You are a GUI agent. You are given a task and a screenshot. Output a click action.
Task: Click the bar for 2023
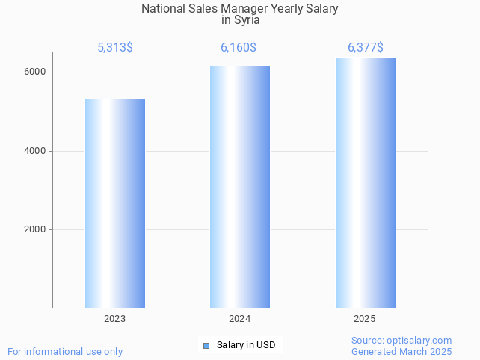pyautogui.click(x=115, y=203)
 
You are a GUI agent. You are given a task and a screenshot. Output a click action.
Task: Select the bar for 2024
pyautogui.click(x=240, y=187)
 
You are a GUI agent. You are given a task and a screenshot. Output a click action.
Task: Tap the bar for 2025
pyautogui.click(x=365, y=182)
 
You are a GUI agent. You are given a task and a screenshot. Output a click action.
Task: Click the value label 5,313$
pyautogui.click(x=115, y=48)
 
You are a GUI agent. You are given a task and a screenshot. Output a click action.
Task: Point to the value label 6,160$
pyautogui.click(x=239, y=48)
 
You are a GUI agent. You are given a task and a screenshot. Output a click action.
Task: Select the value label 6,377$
pyautogui.click(x=365, y=48)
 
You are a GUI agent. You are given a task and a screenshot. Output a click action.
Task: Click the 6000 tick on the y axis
pyautogui.click(x=36, y=72)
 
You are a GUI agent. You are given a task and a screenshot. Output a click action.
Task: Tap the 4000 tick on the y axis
pyautogui.click(x=36, y=151)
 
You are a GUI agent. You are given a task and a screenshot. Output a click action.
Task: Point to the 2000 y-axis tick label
pyautogui.click(x=36, y=230)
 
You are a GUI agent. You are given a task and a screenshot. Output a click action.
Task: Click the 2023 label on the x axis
pyautogui.click(x=115, y=319)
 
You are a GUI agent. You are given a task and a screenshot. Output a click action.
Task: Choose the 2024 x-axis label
pyautogui.click(x=240, y=319)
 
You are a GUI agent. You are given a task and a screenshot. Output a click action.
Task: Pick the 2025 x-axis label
pyautogui.click(x=365, y=319)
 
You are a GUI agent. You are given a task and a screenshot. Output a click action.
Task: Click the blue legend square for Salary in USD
pyautogui.click(x=206, y=345)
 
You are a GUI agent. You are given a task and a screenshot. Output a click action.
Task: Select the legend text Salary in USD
pyautogui.click(x=246, y=345)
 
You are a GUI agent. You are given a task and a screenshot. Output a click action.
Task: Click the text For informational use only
pyautogui.click(x=65, y=351)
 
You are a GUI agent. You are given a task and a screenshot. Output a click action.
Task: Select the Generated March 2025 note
pyautogui.click(x=401, y=351)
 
